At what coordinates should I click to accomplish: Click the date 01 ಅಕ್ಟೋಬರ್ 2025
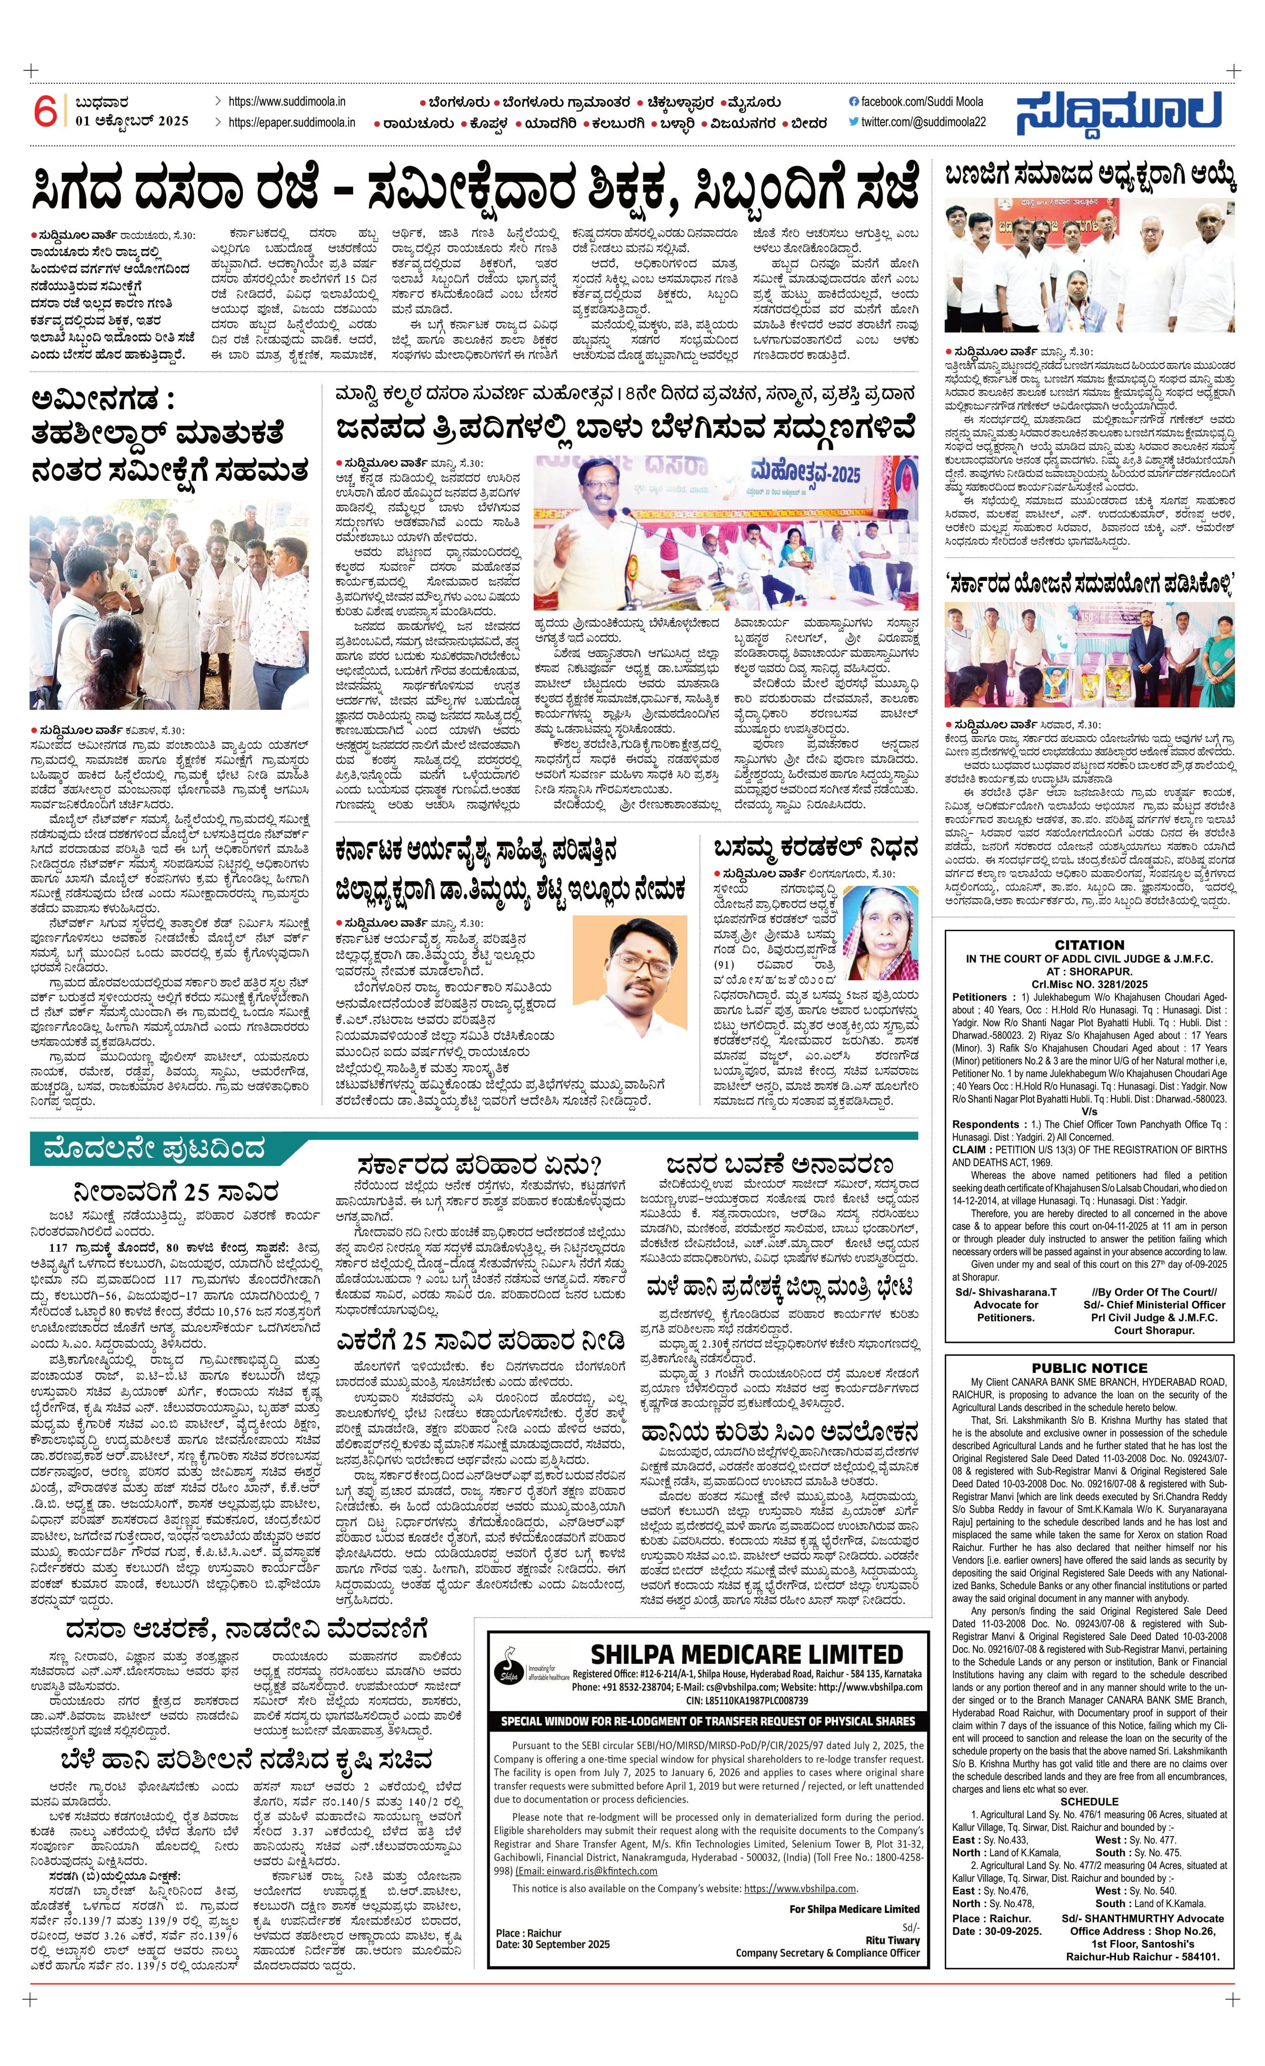coord(132,121)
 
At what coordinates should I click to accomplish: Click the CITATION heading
coord(1089,944)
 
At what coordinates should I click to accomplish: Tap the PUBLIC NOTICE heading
coord(1089,1368)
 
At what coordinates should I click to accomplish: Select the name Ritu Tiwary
coord(893,1940)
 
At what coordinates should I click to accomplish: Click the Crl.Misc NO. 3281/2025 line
coord(1089,985)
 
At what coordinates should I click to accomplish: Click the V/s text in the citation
coord(1089,1111)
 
